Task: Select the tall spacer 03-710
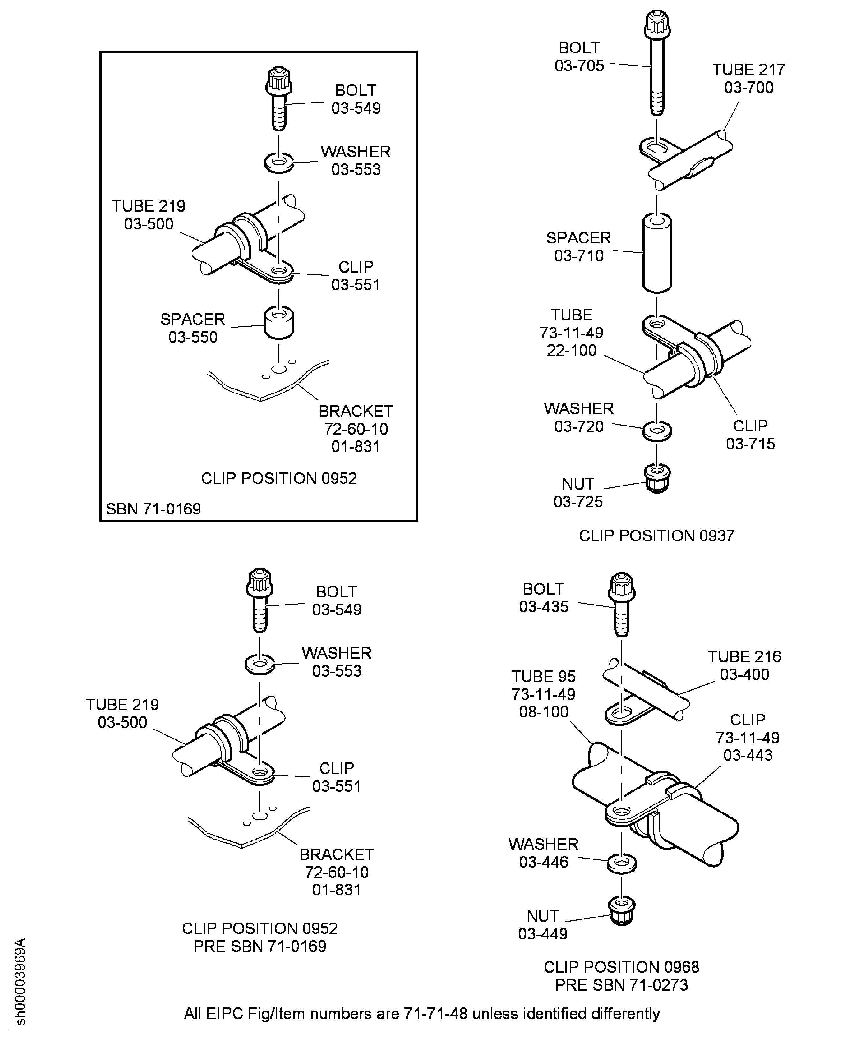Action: pos(657,253)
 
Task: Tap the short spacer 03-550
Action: pos(279,323)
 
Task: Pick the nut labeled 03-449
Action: pos(622,910)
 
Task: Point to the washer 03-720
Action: pos(657,431)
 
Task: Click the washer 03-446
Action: pos(622,863)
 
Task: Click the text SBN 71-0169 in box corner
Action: pos(153,509)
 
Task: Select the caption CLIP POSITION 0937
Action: pos(656,536)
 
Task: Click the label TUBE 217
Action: pos(748,70)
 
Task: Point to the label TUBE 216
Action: pos(744,656)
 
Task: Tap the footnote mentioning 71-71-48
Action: pos(421,1014)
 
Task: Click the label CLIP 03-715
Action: pos(750,435)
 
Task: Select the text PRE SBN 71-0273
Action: pos(622,985)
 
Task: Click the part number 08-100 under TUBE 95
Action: pos(543,712)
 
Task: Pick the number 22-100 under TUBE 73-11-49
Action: pos(571,350)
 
